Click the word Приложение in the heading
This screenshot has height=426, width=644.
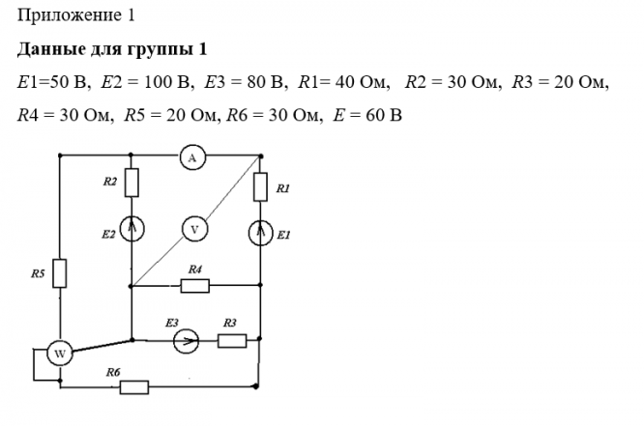click(70, 15)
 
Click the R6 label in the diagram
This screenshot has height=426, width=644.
click(113, 372)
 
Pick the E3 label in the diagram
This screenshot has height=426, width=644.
click(172, 323)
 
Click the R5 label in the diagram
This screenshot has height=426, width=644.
click(38, 273)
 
